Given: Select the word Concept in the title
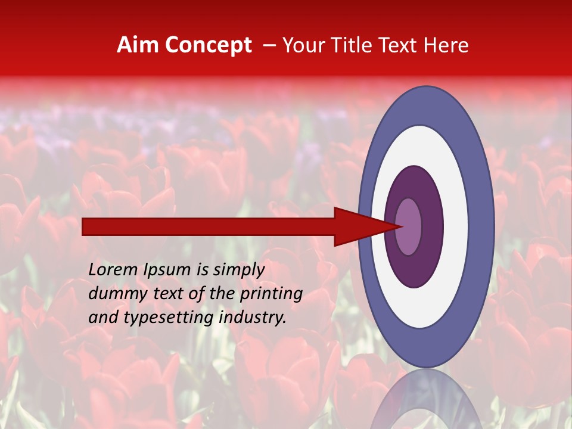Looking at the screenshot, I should pyautogui.click(x=209, y=46).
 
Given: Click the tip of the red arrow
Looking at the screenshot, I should pyautogui.click(x=401, y=226).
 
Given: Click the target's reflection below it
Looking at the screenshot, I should pyautogui.click(x=426, y=399).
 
